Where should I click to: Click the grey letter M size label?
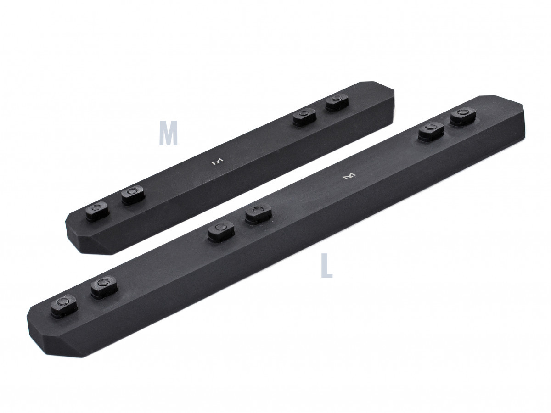[168, 134]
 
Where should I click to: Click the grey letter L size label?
[326, 267]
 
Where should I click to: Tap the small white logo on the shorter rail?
[216, 162]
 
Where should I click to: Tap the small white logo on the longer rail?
[349, 176]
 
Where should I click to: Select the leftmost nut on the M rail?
[97, 211]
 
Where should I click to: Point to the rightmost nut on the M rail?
[337, 102]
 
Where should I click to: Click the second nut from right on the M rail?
[304, 117]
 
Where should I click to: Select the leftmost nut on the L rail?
[64, 305]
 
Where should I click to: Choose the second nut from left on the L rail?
[104, 287]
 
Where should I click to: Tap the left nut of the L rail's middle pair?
[221, 230]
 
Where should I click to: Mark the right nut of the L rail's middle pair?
[258, 213]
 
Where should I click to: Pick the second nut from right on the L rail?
[431, 131]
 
